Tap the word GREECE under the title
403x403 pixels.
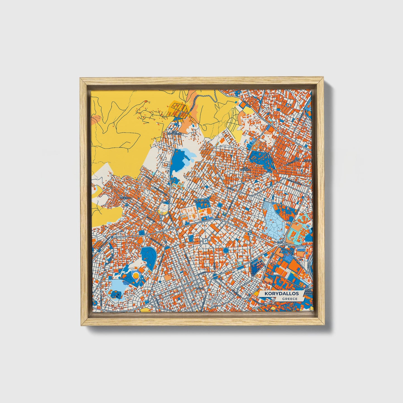click(x=289, y=299)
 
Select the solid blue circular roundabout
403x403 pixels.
click(x=226, y=250)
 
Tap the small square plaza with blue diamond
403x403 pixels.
click(x=205, y=240)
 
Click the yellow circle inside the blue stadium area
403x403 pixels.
click(x=136, y=276)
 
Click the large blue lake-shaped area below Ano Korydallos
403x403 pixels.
click(x=180, y=159)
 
